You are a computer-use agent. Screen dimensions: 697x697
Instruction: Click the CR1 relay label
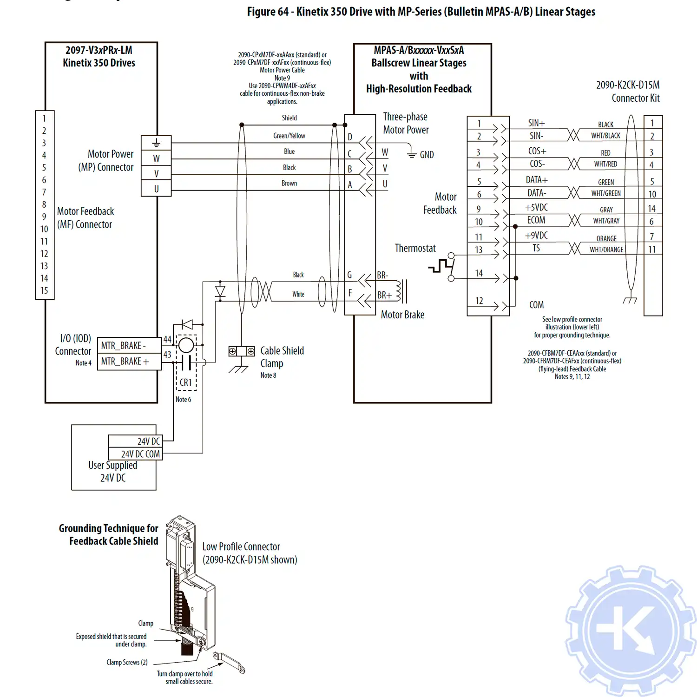click(x=186, y=382)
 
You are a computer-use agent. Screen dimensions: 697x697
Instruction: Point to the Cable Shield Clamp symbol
click(x=241, y=352)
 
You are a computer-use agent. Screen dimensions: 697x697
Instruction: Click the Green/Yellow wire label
click(x=289, y=136)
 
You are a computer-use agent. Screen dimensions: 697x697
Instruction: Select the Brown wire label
click(x=289, y=183)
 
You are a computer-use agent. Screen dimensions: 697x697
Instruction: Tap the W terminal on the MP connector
click(x=156, y=158)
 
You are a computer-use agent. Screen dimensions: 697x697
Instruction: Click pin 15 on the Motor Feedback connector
click(x=44, y=290)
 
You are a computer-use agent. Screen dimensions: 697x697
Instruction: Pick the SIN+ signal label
click(x=536, y=123)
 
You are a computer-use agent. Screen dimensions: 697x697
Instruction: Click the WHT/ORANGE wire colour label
click(x=606, y=250)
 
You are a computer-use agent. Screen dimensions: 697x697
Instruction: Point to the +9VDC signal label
click(x=536, y=235)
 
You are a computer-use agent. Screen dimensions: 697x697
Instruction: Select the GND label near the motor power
click(x=427, y=155)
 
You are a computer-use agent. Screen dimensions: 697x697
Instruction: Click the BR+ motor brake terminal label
click(x=384, y=295)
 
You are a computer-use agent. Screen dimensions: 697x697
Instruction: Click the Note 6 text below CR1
click(x=183, y=399)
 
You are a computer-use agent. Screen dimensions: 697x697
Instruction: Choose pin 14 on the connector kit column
click(x=652, y=209)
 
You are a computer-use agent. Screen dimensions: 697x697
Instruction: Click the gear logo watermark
click(x=631, y=630)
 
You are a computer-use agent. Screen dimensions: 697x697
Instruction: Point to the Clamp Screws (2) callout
click(x=127, y=662)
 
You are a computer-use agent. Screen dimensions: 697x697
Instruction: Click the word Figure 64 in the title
click(x=268, y=12)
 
